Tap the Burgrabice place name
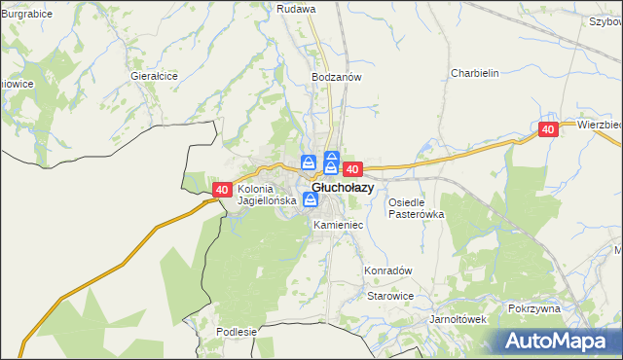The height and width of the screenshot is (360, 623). [x=26, y=15]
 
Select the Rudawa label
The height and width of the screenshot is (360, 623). [x=297, y=9]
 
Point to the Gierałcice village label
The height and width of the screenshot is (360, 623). [x=154, y=75]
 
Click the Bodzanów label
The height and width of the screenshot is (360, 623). [x=337, y=76]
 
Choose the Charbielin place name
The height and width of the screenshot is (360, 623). [x=474, y=73]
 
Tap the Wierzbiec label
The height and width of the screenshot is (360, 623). [x=599, y=126]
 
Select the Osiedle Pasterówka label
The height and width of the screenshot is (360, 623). [x=416, y=208]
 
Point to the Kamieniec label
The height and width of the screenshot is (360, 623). [x=339, y=225]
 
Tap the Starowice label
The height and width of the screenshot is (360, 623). [x=391, y=296]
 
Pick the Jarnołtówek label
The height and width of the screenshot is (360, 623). [x=458, y=318]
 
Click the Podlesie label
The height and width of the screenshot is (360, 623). [x=237, y=332]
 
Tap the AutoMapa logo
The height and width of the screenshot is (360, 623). [x=555, y=341]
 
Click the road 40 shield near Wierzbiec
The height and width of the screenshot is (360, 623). [x=548, y=129]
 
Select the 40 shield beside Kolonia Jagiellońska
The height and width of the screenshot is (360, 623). [x=222, y=190]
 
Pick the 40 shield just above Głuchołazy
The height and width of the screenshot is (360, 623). [x=352, y=169]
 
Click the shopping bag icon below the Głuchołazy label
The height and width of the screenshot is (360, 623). [x=310, y=200]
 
